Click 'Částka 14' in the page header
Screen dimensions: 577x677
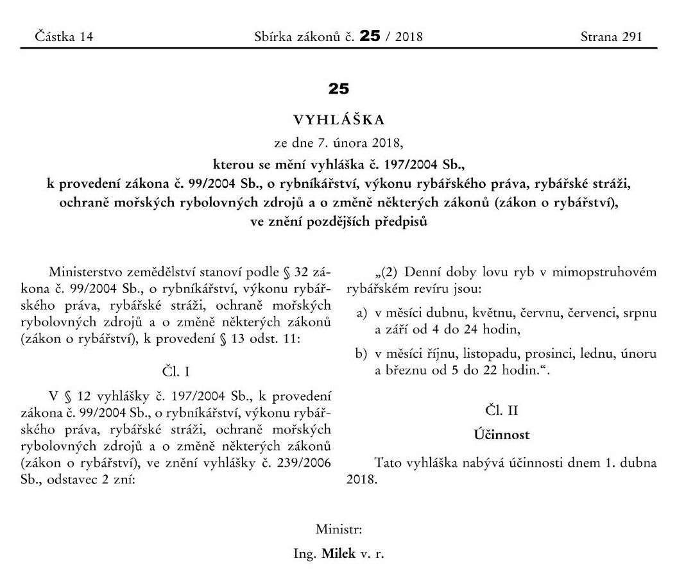pos(64,37)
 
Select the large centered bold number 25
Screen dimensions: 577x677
pos(338,89)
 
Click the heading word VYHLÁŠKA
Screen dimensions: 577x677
pos(338,120)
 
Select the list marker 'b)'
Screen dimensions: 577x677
pos(361,355)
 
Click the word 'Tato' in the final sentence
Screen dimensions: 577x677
pos(388,464)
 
